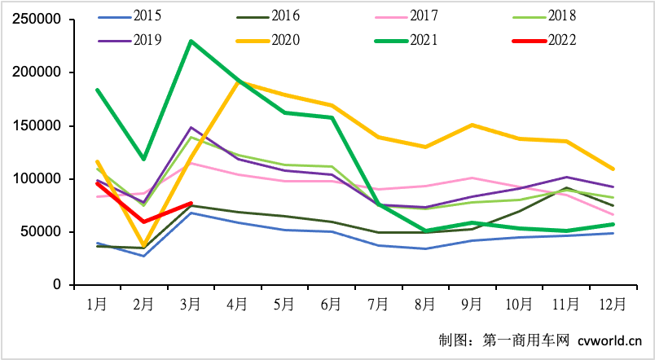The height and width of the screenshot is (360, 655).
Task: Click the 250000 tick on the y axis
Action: click(x=38, y=20)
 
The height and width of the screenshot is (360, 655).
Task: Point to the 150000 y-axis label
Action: click(x=38, y=126)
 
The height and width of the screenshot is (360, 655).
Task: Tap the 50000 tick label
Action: click(x=42, y=232)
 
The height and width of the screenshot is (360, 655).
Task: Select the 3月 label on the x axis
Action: click(x=191, y=304)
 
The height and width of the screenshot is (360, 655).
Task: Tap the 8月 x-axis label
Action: click(x=425, y=304)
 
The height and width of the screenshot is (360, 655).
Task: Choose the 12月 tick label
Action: click(x=613, y=304)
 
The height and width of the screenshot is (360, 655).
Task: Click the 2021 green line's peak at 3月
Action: click(x=191, y=41)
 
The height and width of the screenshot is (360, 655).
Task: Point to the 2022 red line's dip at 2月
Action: click(x=144, y=222)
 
